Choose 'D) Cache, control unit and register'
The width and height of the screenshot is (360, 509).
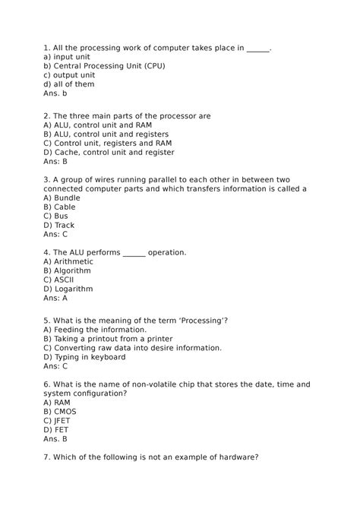point(109,153)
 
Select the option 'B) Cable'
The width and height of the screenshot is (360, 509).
point(59,207)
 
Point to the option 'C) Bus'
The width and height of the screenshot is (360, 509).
point(55,216)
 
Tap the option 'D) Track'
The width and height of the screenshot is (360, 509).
point(58,225)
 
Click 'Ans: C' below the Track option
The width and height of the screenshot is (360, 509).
point(56,234)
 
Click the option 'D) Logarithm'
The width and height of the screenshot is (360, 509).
point(68,289)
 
